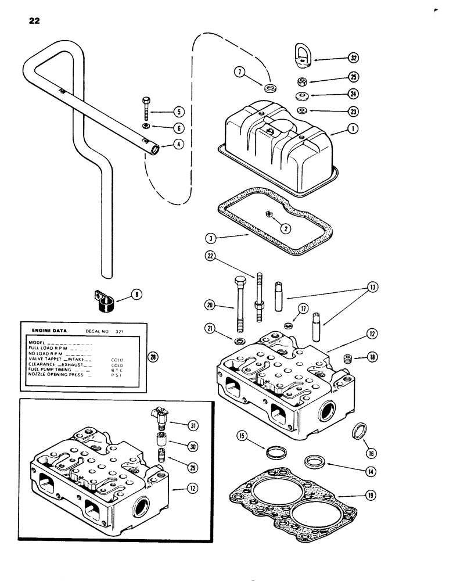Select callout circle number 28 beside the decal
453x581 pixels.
(x=153, y=357)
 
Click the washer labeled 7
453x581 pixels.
(x=269, y=89)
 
